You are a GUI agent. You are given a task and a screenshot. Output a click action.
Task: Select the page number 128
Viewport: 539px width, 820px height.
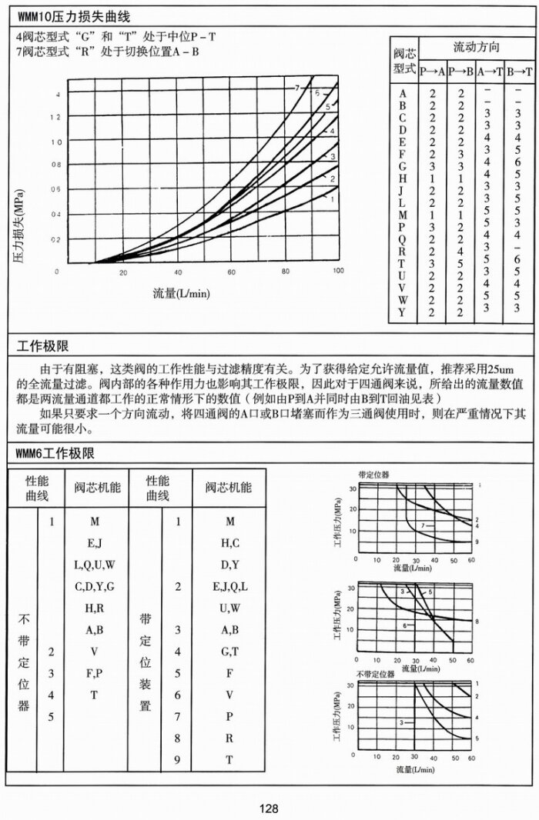[269, 808]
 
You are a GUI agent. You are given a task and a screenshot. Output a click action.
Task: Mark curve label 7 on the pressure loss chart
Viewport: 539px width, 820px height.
[296, 88]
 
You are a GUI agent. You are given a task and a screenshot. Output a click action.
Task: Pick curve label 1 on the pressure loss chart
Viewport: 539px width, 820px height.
[332, 198]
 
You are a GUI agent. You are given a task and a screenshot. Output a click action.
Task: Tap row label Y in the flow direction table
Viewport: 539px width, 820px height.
[403, 312]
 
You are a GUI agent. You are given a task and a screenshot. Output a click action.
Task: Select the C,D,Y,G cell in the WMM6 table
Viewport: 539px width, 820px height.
[94, 587]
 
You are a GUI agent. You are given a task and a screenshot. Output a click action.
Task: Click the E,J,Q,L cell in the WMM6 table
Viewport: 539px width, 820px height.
[229, 587]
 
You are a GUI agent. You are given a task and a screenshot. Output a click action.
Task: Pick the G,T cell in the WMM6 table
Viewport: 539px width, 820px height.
[229, 652]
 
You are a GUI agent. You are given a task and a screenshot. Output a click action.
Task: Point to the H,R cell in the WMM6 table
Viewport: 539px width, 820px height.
[94, 608]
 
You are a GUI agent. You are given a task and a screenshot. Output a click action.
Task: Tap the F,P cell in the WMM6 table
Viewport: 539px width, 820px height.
[94, 673]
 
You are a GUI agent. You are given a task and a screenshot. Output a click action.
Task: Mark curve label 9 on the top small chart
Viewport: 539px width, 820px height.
[478, 542]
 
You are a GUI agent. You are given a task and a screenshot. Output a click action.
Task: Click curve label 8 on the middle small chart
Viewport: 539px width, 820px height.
[478, 621]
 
